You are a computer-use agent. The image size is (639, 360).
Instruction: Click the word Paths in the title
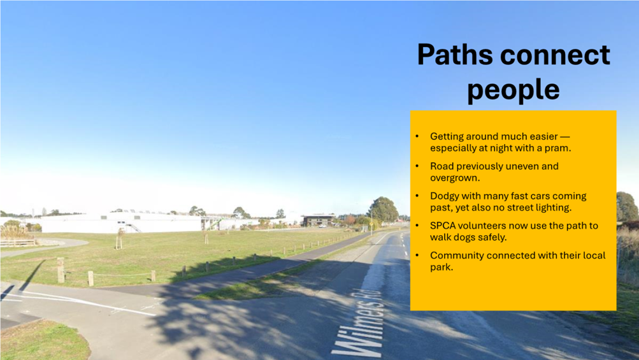pos(455,54)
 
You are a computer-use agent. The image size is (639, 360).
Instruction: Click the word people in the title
pos(513,90)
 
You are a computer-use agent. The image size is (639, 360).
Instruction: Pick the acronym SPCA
pos(443,226)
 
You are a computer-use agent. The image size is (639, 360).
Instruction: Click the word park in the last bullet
pos(440,268)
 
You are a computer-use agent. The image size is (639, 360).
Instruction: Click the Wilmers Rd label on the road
pos(359,322)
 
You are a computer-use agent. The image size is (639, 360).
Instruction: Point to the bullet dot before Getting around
pos(417,136)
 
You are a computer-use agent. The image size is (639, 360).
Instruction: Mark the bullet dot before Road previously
pos(417,166)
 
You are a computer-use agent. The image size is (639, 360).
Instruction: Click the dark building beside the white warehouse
pos(319,220)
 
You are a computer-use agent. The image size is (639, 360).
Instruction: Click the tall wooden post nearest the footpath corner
pos(61,270)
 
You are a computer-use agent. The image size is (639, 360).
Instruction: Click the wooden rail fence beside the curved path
pos(18,243)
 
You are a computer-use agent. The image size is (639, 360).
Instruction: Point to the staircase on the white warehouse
pos(134,227)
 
